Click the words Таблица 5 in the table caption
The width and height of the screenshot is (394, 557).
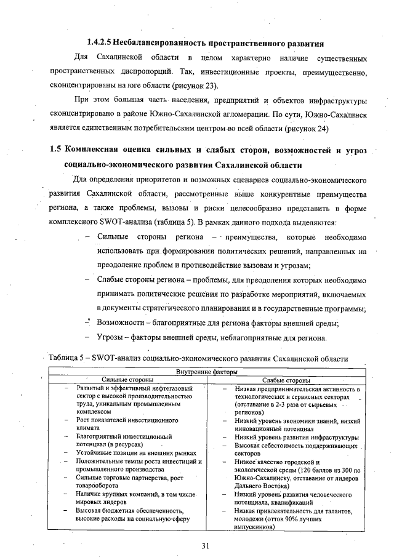(68, 358)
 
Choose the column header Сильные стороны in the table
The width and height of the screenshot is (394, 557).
(128, 380)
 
